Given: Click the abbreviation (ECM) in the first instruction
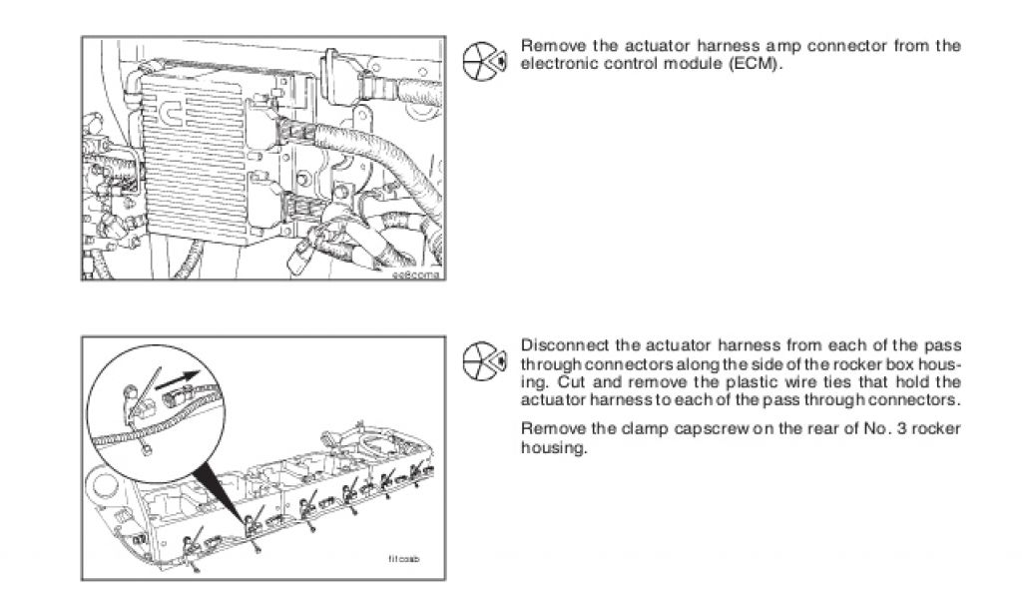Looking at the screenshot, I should coord(761,64).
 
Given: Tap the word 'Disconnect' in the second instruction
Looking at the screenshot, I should coord(561,345).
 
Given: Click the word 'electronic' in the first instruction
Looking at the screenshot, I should coord(556,64).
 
